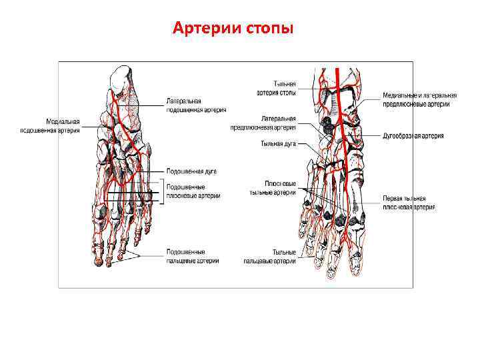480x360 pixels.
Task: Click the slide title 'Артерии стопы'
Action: point(231,29)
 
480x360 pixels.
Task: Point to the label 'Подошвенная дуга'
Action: point(191,171)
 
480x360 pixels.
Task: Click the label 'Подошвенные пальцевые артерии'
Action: point(193,256)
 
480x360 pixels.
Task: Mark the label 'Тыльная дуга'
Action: point(279,143)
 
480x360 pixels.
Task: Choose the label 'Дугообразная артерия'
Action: point(413,136)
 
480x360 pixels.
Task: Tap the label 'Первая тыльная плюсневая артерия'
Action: point(409,203)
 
